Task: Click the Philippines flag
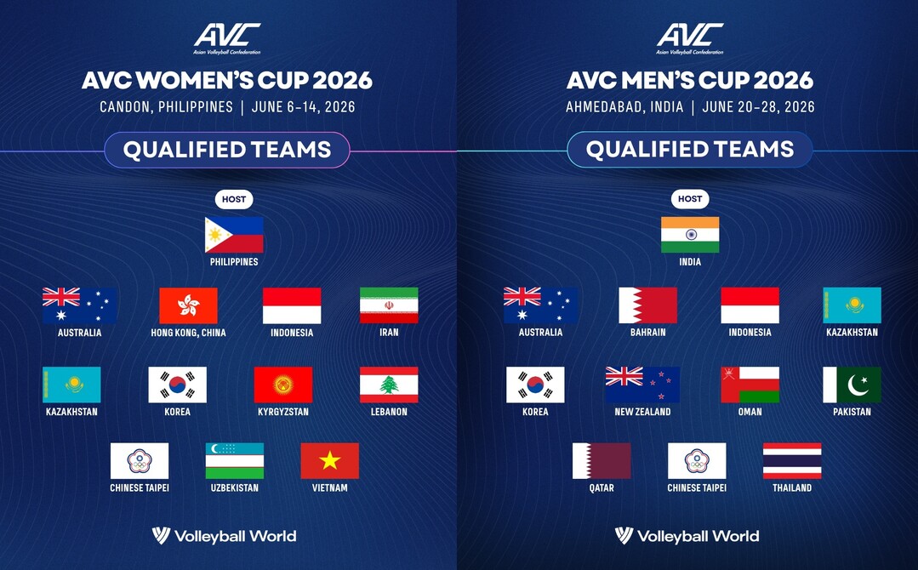pos(234,235)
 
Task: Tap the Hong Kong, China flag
pos(188,305)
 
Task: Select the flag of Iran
pos(389,305)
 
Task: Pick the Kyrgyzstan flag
pos(283,385)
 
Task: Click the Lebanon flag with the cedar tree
pos(389,385)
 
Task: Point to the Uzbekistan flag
pos(234,461)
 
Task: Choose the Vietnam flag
pos(329,461)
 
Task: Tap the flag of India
pos(690,235)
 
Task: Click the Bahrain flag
pos(647,305)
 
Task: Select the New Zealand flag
pos(642,385)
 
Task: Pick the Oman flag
pos(750,385)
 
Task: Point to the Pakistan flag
pos(852,385)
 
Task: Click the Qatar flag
pos(602,461)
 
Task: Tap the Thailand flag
pos(792,461)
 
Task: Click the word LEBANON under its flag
pos(389,412)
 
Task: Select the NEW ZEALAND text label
pos(642,412)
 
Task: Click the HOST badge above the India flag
pos(690,199)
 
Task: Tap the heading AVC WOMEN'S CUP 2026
pos(227,81)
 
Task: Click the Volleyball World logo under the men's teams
pos(687,536)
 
